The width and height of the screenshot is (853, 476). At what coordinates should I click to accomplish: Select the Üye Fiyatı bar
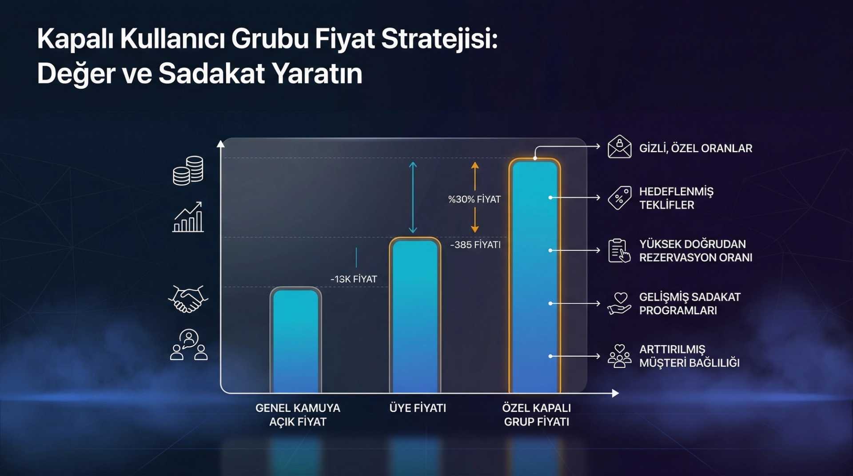415,315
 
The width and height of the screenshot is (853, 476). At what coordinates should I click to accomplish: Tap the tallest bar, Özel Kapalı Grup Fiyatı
535,275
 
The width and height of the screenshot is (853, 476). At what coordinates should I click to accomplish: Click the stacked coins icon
188,171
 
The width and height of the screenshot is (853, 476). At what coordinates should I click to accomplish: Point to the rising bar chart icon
188,217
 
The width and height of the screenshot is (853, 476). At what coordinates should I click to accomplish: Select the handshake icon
188,299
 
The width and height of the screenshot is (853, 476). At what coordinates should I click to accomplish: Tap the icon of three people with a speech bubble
189,345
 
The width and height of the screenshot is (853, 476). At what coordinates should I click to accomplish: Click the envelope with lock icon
619,147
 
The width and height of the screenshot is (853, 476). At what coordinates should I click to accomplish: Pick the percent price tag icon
619,198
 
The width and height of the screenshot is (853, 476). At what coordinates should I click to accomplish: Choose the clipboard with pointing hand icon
619,251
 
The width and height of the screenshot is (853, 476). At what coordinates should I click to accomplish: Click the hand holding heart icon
619,303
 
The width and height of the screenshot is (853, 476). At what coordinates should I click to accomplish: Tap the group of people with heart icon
619,356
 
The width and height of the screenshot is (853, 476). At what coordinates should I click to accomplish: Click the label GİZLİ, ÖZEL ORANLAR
695,148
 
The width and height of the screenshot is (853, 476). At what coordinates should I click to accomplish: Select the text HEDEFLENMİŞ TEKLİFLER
676,198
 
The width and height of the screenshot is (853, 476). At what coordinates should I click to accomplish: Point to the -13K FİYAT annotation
354,279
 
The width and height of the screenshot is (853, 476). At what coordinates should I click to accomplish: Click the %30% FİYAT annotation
474,199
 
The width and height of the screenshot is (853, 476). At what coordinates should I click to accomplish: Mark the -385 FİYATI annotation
475,245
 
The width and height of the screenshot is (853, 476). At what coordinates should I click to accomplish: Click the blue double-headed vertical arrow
413,198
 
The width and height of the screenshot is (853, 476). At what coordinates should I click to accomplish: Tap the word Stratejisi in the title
439,39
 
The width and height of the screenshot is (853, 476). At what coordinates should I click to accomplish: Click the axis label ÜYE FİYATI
418,408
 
